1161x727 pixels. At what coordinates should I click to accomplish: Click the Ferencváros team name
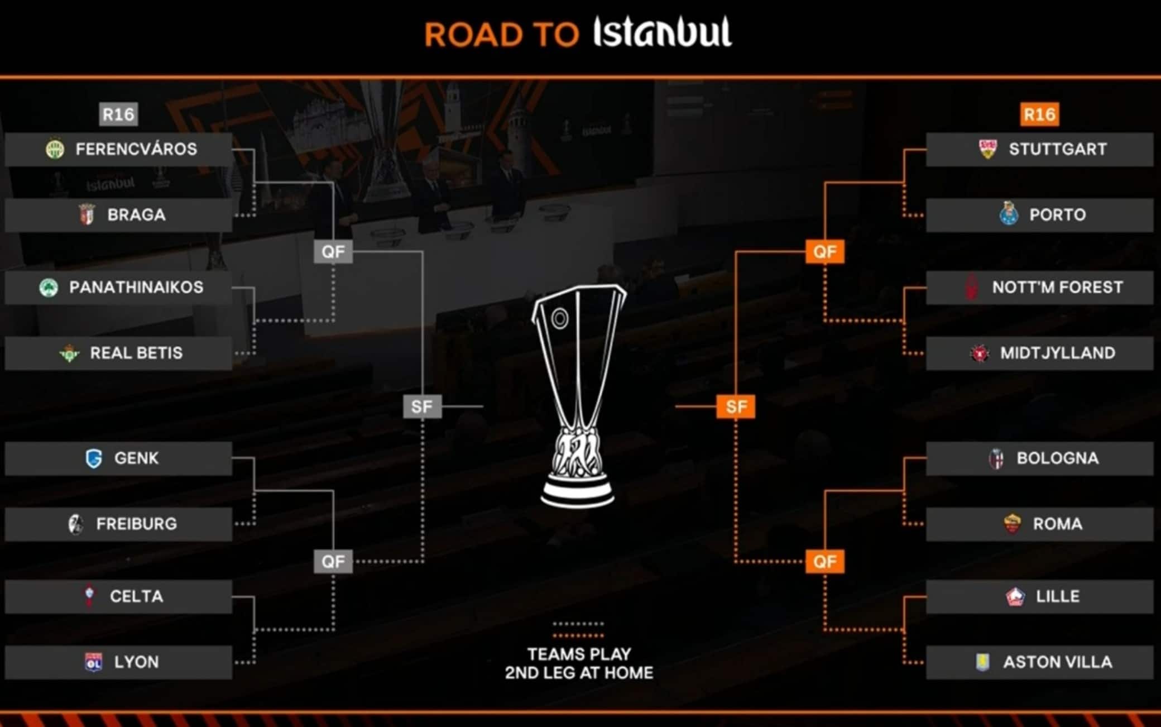136,149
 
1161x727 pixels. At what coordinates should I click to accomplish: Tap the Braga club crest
87,214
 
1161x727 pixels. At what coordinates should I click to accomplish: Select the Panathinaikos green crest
49,288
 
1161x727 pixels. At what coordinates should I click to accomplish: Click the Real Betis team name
136,353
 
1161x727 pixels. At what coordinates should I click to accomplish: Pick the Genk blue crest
94,458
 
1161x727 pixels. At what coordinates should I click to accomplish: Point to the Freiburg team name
136,524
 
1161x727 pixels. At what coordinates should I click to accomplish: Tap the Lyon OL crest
93,662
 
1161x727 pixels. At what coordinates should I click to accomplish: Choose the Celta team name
136,596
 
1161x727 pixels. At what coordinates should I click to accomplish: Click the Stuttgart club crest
988,149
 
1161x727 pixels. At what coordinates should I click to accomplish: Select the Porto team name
1057,214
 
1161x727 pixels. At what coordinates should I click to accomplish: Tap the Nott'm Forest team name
1057,288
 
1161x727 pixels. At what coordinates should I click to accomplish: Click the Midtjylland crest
979,353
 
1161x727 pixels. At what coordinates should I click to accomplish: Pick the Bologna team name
1057,458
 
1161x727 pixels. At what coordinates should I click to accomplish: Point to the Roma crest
1011,524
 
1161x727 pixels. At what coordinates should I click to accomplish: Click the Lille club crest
1015,596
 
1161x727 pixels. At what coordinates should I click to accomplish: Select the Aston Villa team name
1057,662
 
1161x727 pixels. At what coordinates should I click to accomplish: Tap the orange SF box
736,406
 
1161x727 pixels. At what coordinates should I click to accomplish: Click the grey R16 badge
118,114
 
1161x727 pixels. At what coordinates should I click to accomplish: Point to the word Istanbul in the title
662,32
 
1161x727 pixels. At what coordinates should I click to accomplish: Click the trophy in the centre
578,396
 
